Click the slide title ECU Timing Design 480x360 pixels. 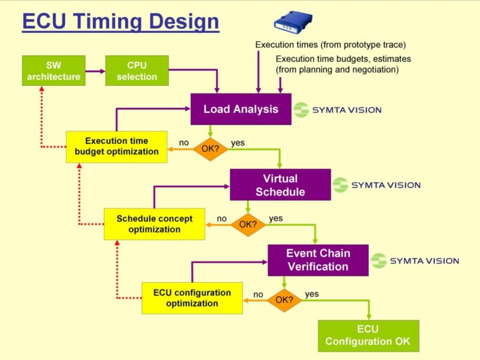point(120,22)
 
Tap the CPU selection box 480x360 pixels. point(137,70)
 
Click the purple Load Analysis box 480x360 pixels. point(241,109)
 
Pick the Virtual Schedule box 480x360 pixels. point(280,185)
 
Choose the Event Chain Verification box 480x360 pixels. point(318,260)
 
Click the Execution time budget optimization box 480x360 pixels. point(116,146)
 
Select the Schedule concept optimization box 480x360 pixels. point(154,224)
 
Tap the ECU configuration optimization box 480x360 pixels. point(192,298)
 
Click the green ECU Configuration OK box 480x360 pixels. point(368,335)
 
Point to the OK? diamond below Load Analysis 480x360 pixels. point(210,148)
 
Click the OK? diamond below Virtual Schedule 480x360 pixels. point(248,224)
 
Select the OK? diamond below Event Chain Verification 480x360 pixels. point(284,299)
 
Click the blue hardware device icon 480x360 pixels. point(294,21)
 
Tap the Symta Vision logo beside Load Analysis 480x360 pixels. point(338,110)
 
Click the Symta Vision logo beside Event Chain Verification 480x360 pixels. point(415,260)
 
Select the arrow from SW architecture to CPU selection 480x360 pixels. point(94,71)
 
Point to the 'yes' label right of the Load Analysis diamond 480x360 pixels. point(238,143)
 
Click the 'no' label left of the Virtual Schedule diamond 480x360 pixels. point(222,219)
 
